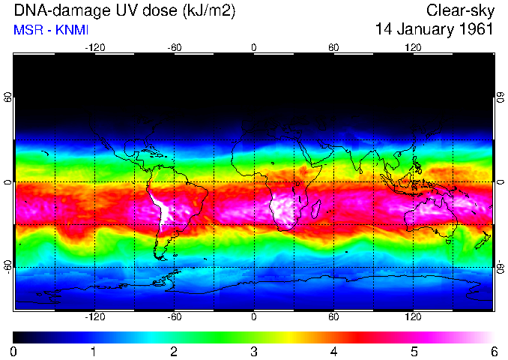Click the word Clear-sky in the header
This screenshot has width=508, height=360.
click(x=460, y=10)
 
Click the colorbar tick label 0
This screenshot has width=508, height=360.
click(x=14, y=351)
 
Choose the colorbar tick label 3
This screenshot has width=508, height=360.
click(x=253, y=351)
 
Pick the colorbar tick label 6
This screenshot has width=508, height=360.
click(x=493, y=351)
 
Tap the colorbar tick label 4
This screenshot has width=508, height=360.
click(x=333, y=351)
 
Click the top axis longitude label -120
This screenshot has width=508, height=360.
click(x=94, y=47)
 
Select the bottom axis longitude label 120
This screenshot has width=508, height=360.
click(x=413, y=317)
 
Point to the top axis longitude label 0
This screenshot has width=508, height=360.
click(x=254, y=47)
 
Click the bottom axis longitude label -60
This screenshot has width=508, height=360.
click(x=174, y=317)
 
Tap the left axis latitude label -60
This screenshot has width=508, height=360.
click(x=7, y=267)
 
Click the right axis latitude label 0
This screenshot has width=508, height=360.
click(x=501, y=182)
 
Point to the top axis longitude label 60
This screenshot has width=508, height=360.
click(x=333, y=47)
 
